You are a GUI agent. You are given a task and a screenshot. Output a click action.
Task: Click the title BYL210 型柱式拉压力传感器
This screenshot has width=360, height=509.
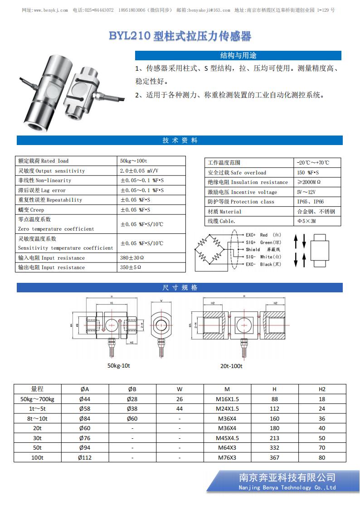[x=180, y=36]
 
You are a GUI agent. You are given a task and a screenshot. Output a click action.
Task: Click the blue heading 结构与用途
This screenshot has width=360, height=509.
[x=238, y=55]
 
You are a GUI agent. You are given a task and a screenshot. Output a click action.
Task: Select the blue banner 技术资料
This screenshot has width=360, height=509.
[x=180, y=141]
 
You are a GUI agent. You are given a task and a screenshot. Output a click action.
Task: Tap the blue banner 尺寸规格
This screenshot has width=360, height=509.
[x=180, y=288]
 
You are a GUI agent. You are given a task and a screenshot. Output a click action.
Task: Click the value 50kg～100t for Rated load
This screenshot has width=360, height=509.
[x=133, y=161]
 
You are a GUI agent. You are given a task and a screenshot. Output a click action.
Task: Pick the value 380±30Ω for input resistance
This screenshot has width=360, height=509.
[x=132, y=258]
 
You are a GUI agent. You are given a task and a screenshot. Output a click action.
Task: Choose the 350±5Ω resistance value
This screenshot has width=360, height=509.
[x=131, y=267]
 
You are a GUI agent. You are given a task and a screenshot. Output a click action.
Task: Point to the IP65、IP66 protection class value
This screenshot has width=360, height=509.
[x=311, y=202]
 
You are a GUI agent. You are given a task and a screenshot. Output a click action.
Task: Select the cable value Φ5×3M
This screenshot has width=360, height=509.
[x=307, y=221]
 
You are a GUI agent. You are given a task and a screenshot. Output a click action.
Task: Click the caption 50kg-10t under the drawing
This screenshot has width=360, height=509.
[x=119, y=365]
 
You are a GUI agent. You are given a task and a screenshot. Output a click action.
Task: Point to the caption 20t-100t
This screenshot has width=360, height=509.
[x=231, y=366]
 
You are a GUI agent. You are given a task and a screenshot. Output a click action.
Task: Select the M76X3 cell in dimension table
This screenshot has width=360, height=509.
[x=227, y=458]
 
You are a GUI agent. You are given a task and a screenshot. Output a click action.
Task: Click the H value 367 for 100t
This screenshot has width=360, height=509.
[x=274, y=458]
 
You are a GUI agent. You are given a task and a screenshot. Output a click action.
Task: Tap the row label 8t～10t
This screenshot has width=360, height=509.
[x=37, y=419]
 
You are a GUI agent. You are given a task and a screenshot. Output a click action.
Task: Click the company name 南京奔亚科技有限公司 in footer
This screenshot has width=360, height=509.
[x=287, y=478]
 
